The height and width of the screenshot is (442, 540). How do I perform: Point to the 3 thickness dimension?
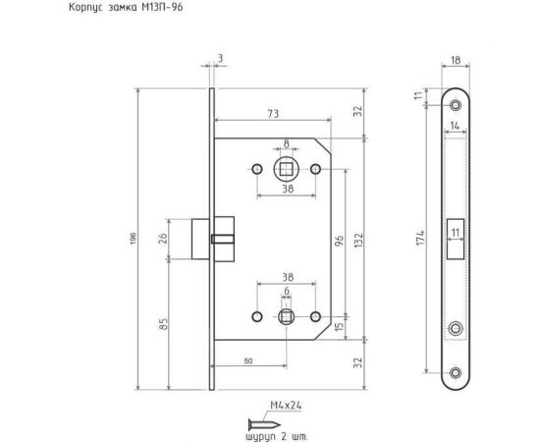pos(221,59)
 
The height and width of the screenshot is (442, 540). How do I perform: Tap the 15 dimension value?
pos(340,327)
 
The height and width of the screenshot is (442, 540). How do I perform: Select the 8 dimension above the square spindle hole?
pos(286,144)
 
